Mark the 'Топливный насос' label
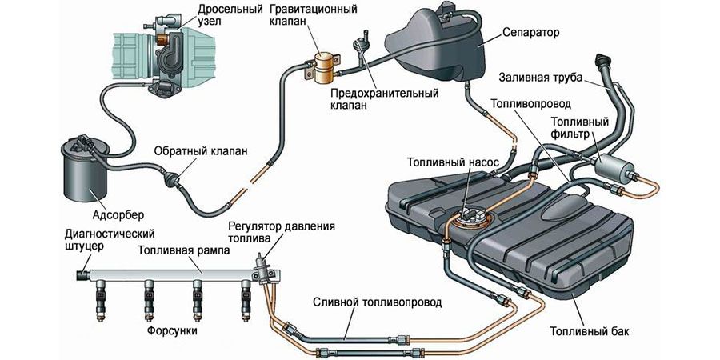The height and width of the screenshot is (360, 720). point(454,162)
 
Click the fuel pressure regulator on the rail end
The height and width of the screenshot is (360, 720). point(263,263)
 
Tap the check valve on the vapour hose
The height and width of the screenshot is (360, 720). point(173,178)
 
